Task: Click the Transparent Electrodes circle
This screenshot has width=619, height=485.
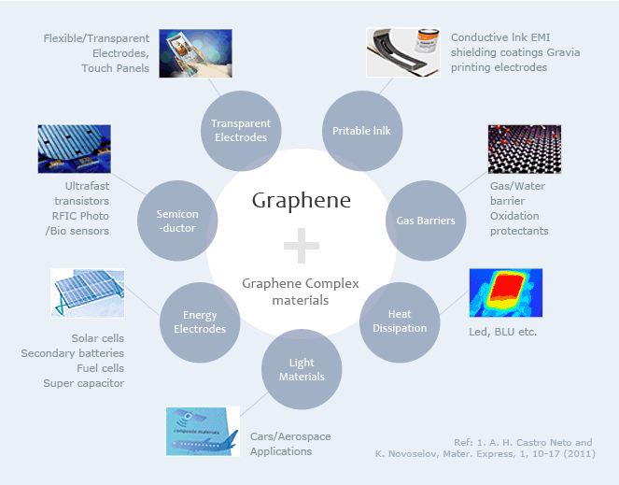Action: [x=240, y=130]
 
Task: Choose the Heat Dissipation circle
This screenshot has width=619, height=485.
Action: [x=400, y=321]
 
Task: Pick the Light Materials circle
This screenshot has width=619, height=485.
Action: [x=302, y=369]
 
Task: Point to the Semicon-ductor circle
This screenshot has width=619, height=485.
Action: [x=177, y=221]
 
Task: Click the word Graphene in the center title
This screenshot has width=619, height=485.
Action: [x=301, y=201]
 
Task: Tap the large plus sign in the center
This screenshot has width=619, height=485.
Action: [x=302, y=248]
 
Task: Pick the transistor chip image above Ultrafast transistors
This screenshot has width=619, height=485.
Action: [x=74, y=150]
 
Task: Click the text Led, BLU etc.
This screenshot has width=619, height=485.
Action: [x=502, y=333]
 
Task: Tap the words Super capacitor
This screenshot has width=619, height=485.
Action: [x=83, y=383]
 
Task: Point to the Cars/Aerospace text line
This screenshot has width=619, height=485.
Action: [x=290, y=436]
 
